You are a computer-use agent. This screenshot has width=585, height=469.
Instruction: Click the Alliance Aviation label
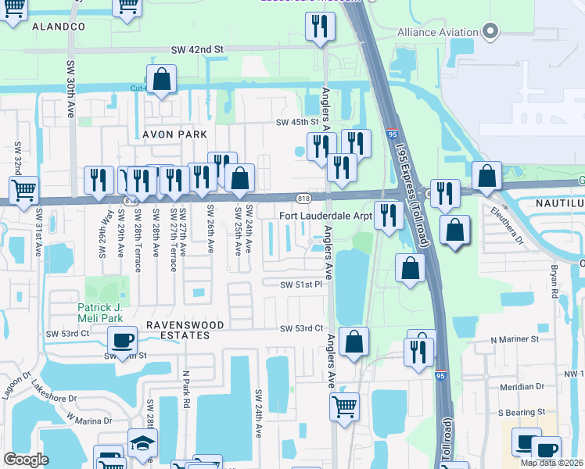click(437, 32)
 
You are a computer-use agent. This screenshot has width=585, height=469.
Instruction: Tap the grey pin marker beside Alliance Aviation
click(490, 32)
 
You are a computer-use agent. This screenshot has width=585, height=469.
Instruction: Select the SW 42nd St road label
click(197, 49)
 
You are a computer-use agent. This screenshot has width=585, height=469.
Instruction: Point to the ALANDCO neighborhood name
click(59, 27)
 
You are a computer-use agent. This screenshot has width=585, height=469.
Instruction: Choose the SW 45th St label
click(297, 122)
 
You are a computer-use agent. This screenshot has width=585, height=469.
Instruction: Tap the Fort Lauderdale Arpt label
click(326, 215)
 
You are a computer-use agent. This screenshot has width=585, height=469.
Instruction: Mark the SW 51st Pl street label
click(302, 285)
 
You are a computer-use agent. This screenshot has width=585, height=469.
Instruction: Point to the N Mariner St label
click(515, 340)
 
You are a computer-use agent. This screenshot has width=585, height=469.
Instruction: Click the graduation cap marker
click(142, 442)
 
